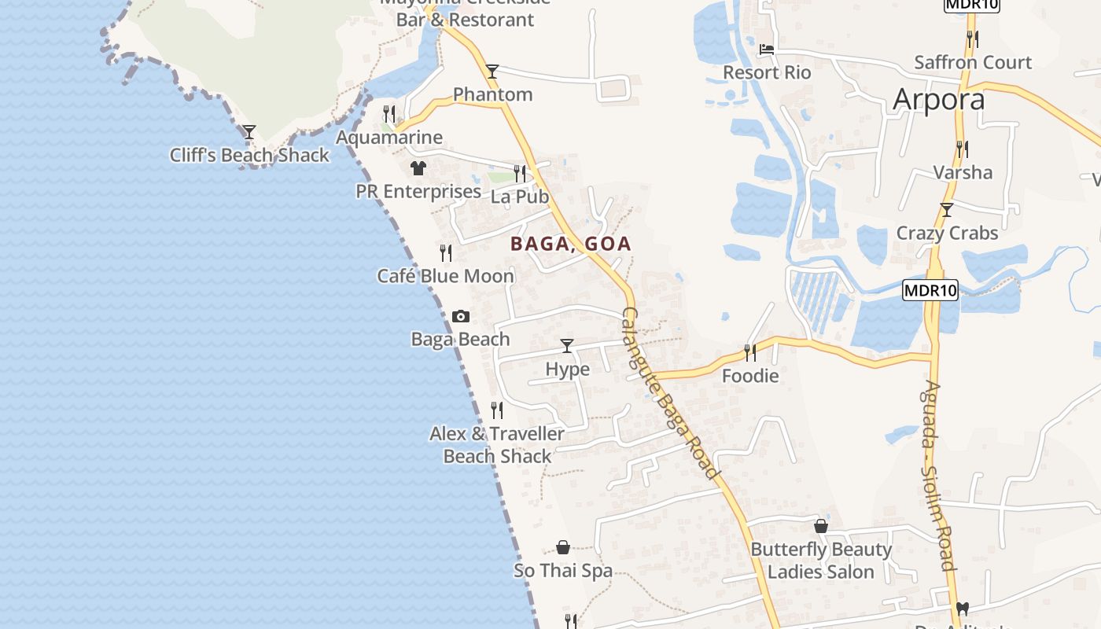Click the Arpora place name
pyautogui.click(x=938, y=100)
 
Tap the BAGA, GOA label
pyautogui.click(x=571, y=244)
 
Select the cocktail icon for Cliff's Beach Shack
pyautogui.click(x=249, y=132)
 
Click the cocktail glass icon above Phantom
pyautogui.click(x=492, y=72)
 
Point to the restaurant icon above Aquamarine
pyautogui.click(x=389, y=114)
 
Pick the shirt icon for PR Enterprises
pyautogui.click(x=418, y=168)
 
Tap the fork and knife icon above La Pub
pyautogui.click(x=520, y=173)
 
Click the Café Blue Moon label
pyautogui.click(x=445, y=276)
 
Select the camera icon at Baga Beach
pyautogui.click(x=461, y=317)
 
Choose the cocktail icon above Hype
pyautogui.click(x=567, y=345)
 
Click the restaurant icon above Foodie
pyautogui.click(x=750, y=352)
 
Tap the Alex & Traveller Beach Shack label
pyautogui.click(x=497, y=445)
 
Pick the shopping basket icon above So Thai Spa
pyautogui.click(x=563, y=547)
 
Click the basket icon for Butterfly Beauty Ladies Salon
pyautogui.click(x=821, y=526)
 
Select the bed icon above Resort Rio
pyautogui.click(x=767, y=50)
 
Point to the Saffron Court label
pyautogui.click(x=973, y=62)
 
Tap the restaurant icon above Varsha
pyautogui.click(x=962, y=149)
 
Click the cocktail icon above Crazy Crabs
pyautogui.click(x=947, y=210)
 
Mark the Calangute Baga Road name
pyautogui.click(x=669, y=393)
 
